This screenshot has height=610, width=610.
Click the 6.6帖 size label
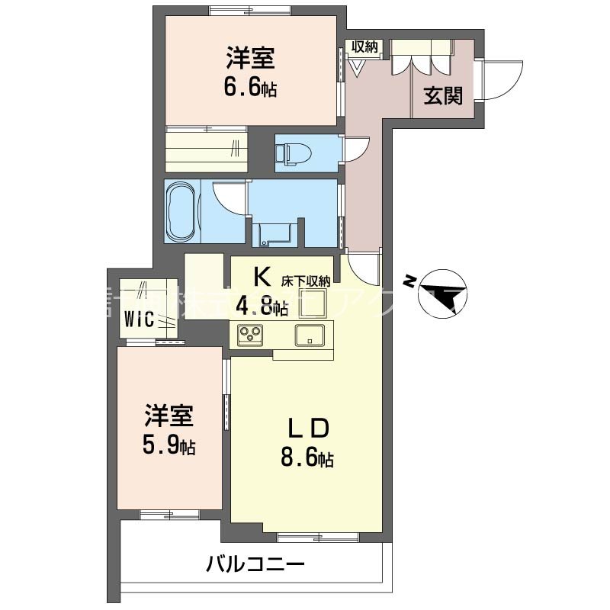pos(250,88)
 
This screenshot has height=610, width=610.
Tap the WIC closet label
pos(142,319)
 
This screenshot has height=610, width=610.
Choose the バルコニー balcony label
pos(255,565)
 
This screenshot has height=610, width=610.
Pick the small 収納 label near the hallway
pos(364,47)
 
